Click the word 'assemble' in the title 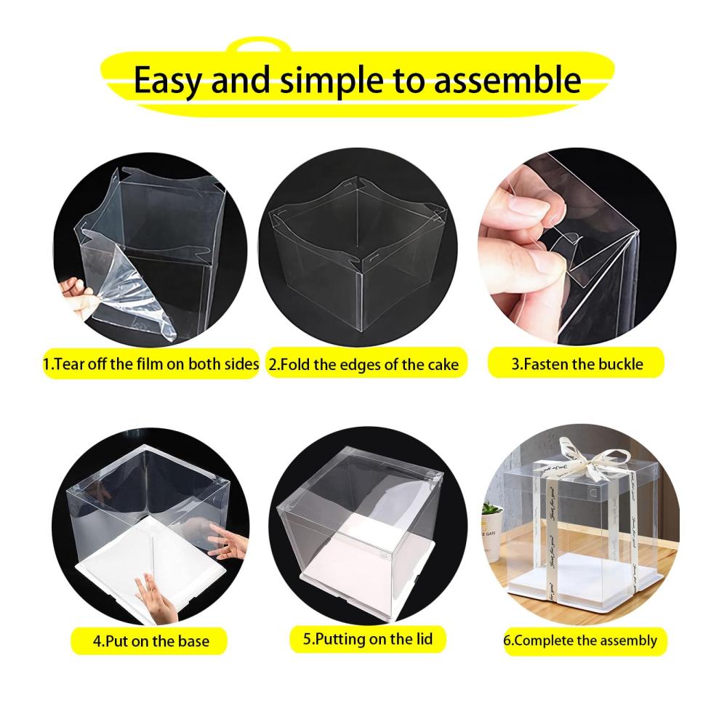507,80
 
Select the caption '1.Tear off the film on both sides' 150,364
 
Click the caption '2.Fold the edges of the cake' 364,364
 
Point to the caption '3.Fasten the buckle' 577,363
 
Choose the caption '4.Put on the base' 150,641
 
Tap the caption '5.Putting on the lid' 368,639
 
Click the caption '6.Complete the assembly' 580,640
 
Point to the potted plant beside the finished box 491,529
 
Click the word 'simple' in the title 332,81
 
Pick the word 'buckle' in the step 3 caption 620,363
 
